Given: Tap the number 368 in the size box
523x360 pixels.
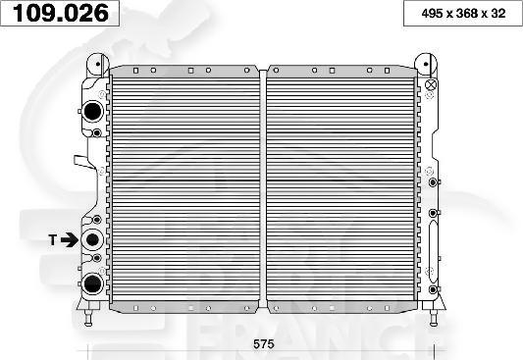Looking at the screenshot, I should pyautogui.click(x=460, y=14).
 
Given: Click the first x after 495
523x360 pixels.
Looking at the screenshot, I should pyautogui.click(x=443, y=14).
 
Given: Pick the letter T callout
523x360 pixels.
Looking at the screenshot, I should pyautogui.click(x=53, y=238).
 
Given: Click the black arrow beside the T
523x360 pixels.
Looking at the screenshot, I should pyautogui.click(x=71, y=238).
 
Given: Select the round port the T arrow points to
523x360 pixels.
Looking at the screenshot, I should pyautogui.click(x=93, y=238).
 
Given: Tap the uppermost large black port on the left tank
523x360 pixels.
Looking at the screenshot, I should pyautogui.click(x=92, y=112).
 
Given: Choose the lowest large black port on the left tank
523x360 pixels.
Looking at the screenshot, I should pyautogui.click(x=92, y=284).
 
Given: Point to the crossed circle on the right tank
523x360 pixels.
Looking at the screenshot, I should pyautogui.click(x=431, y=85).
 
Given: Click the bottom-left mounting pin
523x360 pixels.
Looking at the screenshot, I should pyautogui.click(x=90, y=315).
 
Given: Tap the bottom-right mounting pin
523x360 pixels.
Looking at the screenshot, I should pyautogui.click(x=431, y=315).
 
